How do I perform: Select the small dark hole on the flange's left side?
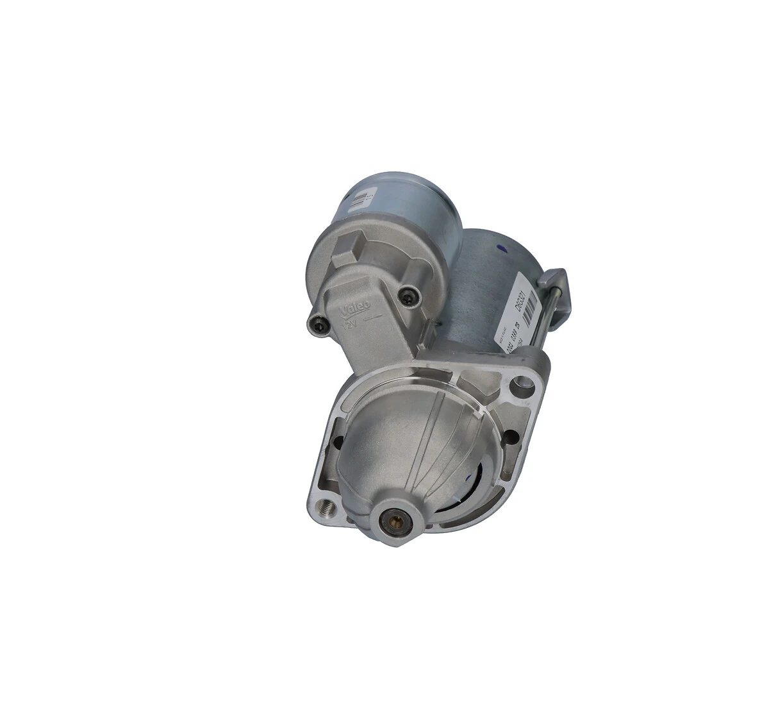[x=336, y=441]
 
